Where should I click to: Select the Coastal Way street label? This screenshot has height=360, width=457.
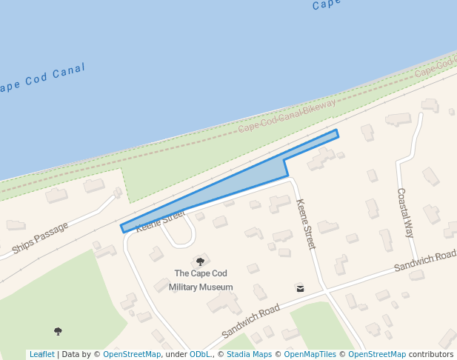[x=405, y=213]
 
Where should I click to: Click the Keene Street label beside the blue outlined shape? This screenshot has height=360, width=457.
[x=159, y=220]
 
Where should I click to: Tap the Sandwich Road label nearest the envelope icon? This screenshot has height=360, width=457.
[x=250, y=318]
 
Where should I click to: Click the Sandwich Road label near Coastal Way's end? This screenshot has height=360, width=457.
[x=425, y=261]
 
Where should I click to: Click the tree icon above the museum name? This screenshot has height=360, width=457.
[x=200, y=261]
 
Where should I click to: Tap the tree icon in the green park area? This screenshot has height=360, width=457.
[x=59, y=331]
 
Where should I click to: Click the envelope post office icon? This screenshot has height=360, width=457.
[x=299, y=287]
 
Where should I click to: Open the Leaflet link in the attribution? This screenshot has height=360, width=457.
[x=42, y=355]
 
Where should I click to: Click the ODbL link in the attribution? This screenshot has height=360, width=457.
[x=201, y=355]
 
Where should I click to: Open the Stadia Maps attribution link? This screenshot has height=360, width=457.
[x=249, y=355]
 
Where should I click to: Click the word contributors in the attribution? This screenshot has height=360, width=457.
[x=431, y=355]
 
